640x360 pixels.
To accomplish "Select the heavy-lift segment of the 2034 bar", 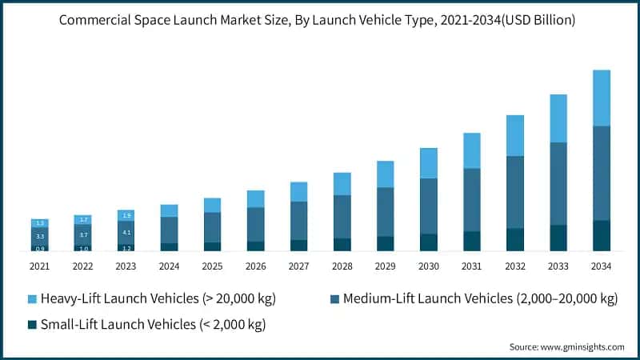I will click(602, 98).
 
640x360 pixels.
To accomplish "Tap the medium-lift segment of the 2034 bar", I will click(602, 173).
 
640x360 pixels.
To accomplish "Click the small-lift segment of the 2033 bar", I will click(558, 238).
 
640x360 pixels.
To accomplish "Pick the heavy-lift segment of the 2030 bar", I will click(429, 163).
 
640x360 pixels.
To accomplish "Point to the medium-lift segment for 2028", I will click(342, 217).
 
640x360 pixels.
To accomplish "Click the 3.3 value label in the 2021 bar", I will click(40, 237).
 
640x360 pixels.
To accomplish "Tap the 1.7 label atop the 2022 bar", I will click(83, 219).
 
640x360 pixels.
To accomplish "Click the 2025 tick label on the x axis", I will click(212, 266).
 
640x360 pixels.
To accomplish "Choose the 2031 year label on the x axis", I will click(472, 266).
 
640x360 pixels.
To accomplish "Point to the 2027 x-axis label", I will click(298, 266).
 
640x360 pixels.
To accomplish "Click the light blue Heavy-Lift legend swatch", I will click(32, 299).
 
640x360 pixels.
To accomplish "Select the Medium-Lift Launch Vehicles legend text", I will click(480, 299).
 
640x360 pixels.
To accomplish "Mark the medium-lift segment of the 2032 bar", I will click(515, 192).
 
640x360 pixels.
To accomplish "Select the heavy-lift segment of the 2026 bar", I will click(255, 198).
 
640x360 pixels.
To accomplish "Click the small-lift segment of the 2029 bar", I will click(386, 243).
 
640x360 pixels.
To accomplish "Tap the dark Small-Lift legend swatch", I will click(32, 324).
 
